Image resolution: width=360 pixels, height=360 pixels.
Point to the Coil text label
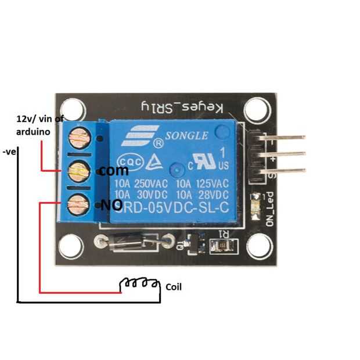(x=174, y=287)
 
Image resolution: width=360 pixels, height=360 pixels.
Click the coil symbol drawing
(x=139, y=283)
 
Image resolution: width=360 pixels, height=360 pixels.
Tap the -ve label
(x=9, y=152)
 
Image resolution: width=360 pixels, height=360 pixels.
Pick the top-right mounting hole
(x=255, y=110)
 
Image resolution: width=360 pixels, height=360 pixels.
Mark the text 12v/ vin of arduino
(x=33, y=124)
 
